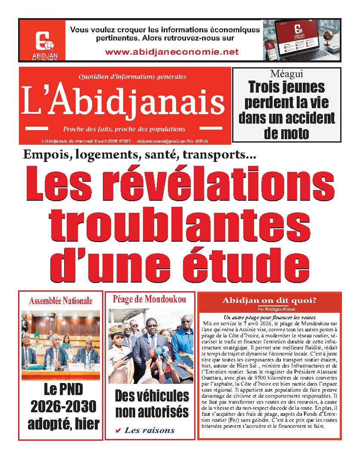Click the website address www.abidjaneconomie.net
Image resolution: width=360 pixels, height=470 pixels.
tap(171, 52)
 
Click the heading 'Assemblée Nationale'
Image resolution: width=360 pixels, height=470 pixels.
tap(61, 301)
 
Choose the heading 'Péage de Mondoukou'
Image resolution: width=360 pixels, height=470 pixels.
tap(149, 299)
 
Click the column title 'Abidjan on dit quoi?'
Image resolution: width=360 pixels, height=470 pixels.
tap(269, 301)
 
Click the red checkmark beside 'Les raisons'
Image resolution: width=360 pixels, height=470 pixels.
tap(118, 430)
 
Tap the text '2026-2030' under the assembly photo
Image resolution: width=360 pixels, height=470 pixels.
tap(63, 406)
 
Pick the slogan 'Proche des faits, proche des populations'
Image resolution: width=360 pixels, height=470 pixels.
tap(124, 129)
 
